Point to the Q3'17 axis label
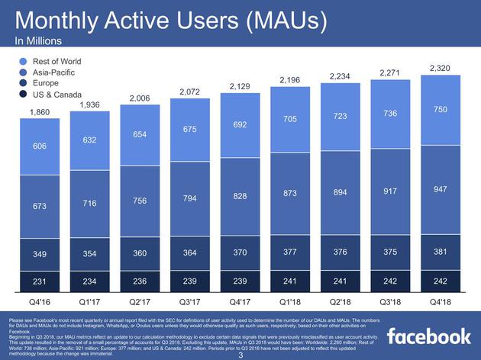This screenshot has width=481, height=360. pyautogui.click(x=189, y=302)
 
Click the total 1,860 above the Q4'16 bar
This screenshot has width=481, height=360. pyautogui.click(x=40, y=112)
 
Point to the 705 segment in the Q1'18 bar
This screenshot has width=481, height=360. pyautogui.click(x=291, y=119)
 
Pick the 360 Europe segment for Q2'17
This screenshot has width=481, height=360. pyautogui.click(x=140, y=253)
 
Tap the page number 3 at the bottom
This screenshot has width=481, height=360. pyautogui.click(x=240, y=355)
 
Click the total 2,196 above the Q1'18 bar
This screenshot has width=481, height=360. pyautogui.click(x=291, y=79)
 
